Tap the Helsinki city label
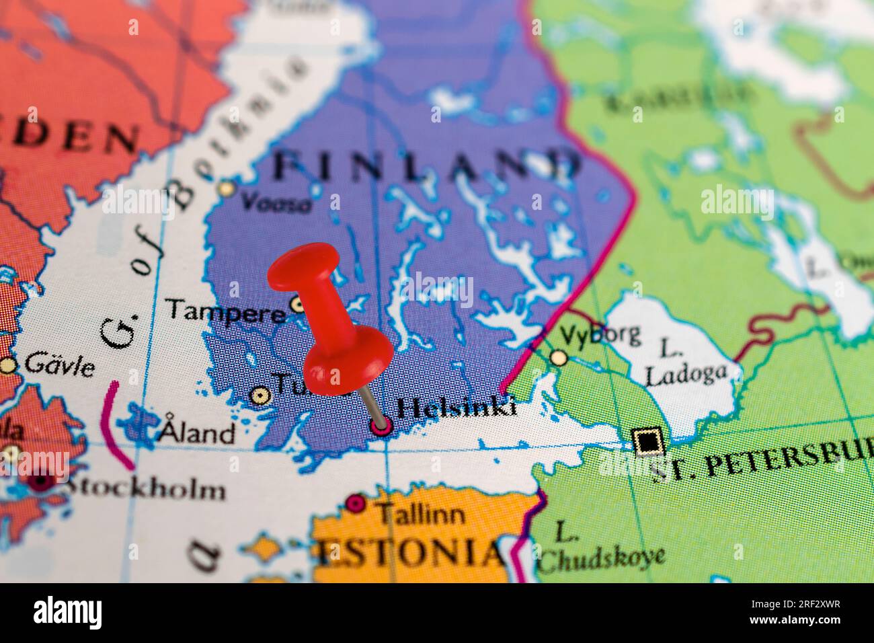456,408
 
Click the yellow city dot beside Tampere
297,305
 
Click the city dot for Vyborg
558,357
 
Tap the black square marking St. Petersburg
647,442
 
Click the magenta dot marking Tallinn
356,504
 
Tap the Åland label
196,432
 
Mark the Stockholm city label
145,488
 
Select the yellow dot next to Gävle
8,365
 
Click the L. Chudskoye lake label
602,547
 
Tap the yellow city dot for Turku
258,395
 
